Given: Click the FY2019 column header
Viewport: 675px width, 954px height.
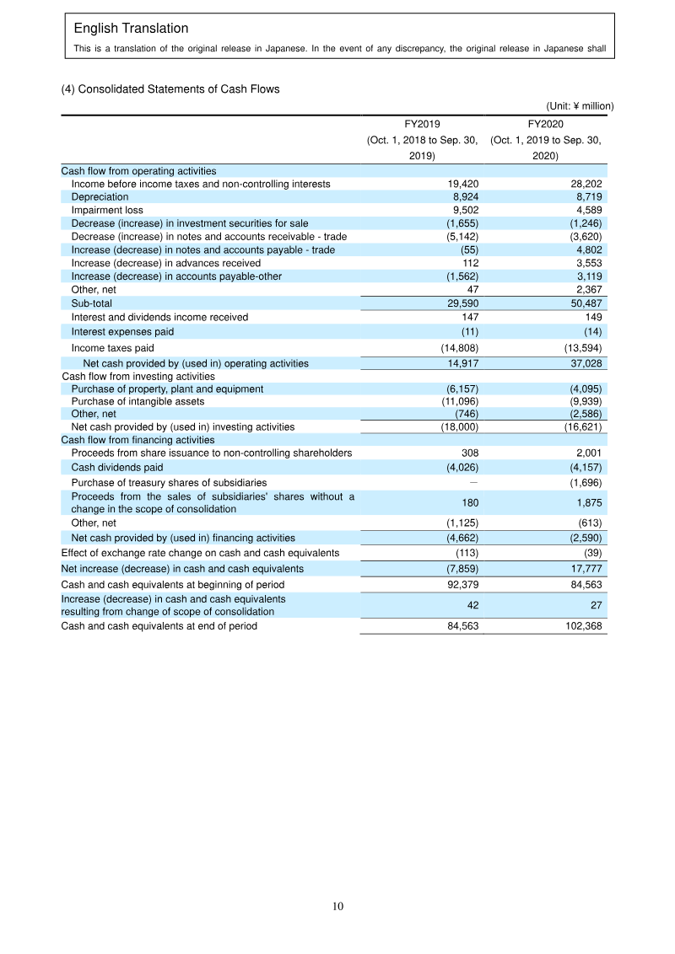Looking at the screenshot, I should pyautogui.click(x=424, y=123).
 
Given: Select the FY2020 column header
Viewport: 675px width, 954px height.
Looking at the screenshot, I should pyautogui.click(x=545, y=123).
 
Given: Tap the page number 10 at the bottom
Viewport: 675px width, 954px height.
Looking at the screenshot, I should pyautogui.click(x=337, y=907).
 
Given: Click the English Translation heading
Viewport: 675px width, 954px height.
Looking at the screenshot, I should pyautogui.click(x=131, y=29).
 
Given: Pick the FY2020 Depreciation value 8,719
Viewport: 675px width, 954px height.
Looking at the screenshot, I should pyautogui.click(x=586, y=196).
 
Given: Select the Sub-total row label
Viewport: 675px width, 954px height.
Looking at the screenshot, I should pyautogui.click(x=91, y=303).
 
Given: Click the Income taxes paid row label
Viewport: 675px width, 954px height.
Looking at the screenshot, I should pyautogui.click(x=112, y=347).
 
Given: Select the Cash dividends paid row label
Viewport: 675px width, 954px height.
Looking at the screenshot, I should pyautogui.click(x=117, y=467).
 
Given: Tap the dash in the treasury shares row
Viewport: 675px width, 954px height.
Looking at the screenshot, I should pyautogui.click(x=473, y=482).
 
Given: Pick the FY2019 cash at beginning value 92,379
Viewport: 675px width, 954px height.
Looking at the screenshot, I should pyautogui.click(x=461, y=584).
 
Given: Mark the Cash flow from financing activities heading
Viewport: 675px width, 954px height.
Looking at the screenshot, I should pyautogui.click(x=138, y=439).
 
